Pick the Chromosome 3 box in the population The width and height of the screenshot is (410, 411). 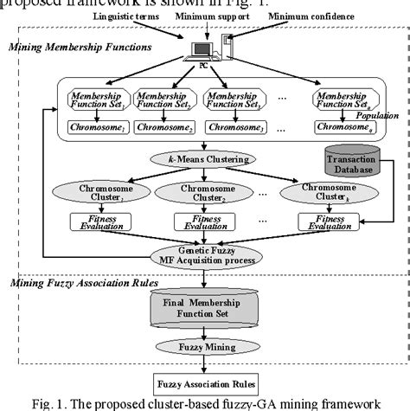click(232, 128)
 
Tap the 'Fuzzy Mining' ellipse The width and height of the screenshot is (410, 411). click(204, 347)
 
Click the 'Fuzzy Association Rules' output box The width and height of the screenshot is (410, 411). click(204, 382)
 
